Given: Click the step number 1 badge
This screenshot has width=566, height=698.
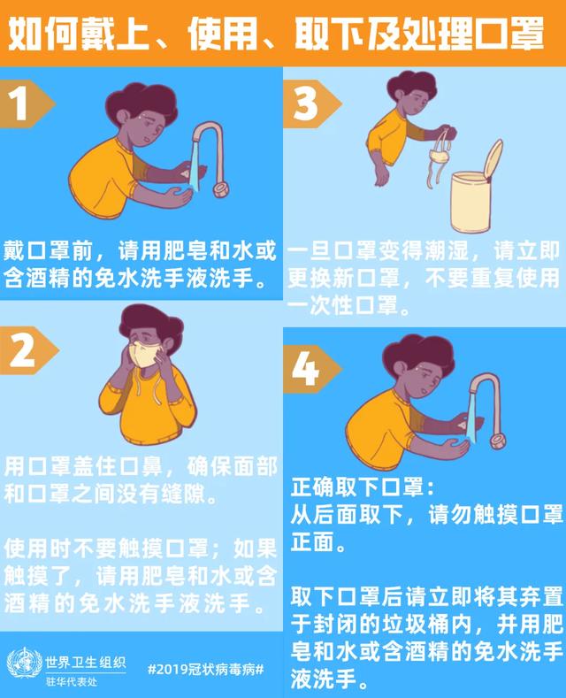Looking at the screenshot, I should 24,104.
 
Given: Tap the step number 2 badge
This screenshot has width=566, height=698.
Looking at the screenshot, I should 24,352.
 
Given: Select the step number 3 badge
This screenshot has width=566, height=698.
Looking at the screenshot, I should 306,104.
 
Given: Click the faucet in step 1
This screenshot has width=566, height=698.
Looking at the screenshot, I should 208,146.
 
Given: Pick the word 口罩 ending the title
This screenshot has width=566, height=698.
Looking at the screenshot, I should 525,33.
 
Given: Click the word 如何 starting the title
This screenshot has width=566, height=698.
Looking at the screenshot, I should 42,33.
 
